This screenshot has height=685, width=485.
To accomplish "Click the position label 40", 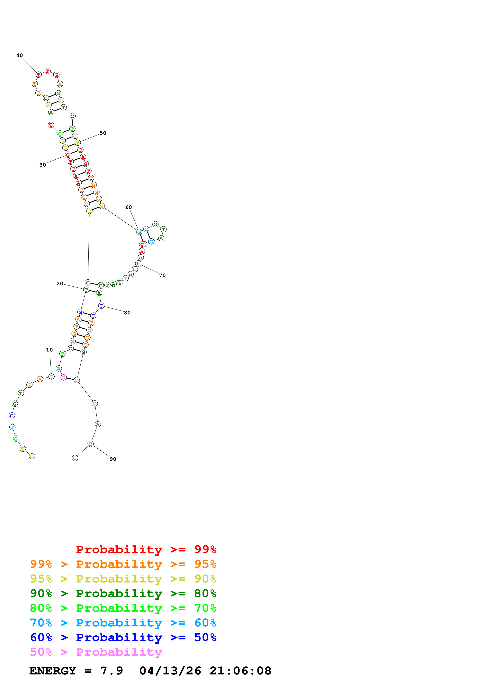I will click(19, 55).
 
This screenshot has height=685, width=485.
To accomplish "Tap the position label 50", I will click(103, 133).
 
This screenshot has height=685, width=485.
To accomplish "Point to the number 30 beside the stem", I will click(43, 165).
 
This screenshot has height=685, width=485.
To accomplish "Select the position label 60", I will click(129, 207).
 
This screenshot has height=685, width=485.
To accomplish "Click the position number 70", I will click(162, 275).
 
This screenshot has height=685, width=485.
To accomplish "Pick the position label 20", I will click(60, 284).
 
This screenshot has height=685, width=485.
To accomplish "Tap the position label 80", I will click(127, 313).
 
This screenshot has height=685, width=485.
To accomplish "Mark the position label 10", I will click(49, 350).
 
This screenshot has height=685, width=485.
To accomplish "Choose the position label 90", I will click(113, 459).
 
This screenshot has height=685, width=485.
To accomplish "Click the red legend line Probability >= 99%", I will click(146, 549).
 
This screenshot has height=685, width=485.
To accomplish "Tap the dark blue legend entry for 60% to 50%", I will click(123, 637).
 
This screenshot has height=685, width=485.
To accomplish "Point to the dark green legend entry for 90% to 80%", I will click(123, 593).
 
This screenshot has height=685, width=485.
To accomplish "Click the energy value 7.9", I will click(112, 671).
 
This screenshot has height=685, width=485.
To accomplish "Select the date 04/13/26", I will click(170, 671).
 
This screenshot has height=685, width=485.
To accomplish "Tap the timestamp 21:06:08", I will click(240, 671).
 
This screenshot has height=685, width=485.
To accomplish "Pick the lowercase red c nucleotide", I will click(130, 274).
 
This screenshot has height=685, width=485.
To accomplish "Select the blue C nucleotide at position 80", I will click(101, 306).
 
